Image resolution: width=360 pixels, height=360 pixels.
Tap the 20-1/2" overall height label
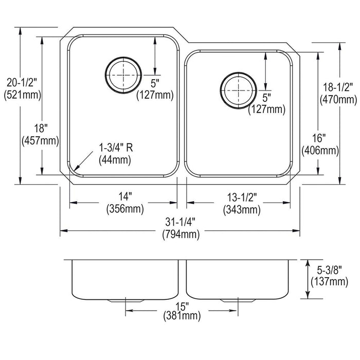(x=22, y=83)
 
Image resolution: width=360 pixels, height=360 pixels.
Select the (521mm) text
(x=23, y=95)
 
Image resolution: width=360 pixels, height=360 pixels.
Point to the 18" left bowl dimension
(x=41, y=129)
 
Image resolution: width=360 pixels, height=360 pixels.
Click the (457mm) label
(x=41, y=140)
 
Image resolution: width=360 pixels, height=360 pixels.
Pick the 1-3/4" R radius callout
(x=116, y=148)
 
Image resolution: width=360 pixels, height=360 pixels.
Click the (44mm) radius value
(x=115, y=160)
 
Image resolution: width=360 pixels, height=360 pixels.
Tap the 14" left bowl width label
(x=125, y=196)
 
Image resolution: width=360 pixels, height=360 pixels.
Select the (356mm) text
(x=125, y=209)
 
